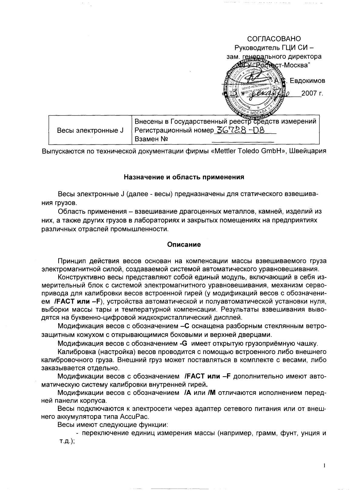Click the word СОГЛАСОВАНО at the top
[x=274, y=39]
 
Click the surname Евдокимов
[x=308, y=81]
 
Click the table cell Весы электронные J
[x=90, y=130]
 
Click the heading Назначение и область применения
[x=184, y=177]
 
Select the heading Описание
[x=184, y=245]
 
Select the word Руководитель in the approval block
[x=256, y=48]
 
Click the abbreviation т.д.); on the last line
[x=66, y=442]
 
